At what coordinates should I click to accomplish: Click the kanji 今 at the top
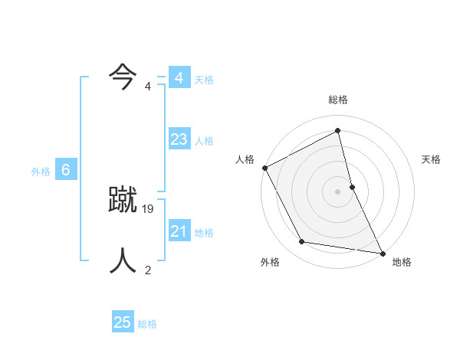123,77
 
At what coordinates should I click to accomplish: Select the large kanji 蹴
123,200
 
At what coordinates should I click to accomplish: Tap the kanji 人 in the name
123,260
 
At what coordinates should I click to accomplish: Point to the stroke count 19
149,208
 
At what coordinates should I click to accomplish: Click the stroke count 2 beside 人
148,269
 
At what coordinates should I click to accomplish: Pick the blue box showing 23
179,139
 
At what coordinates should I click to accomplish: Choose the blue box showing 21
179,231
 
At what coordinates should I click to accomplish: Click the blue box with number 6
66,171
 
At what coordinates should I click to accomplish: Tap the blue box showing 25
123,322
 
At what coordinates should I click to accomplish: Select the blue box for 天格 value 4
179,78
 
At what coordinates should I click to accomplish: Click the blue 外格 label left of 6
41,172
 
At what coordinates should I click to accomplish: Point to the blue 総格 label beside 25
147,324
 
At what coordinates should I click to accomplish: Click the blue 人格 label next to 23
204,141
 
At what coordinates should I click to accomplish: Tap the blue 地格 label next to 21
204,233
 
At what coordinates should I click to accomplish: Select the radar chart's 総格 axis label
338,100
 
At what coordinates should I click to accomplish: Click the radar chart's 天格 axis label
432,159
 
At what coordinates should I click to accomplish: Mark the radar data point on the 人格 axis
264,168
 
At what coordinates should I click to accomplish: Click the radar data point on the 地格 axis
382,252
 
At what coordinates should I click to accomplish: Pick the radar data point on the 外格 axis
302,242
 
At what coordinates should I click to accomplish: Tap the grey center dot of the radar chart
338,191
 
